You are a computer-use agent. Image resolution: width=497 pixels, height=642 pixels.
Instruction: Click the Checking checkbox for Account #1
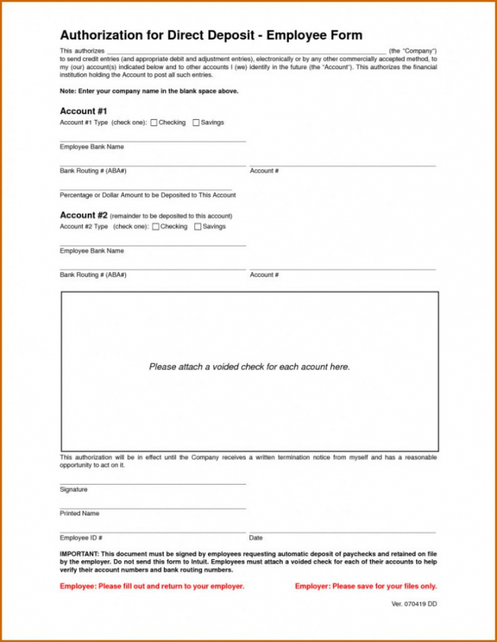pos(154,123)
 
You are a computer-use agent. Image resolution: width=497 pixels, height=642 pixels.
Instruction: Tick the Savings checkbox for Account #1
pos(196,123)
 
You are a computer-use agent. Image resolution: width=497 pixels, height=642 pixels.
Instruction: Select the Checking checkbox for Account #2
pos(156,227)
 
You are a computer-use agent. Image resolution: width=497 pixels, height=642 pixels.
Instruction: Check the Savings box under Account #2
pos(198,227)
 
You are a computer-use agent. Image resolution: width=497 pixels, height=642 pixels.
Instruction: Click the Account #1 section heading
pos(83,111)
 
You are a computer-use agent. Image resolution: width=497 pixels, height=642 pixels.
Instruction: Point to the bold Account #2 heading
pos(84,215)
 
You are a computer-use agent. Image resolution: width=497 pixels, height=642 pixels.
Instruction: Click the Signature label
pos(74,490)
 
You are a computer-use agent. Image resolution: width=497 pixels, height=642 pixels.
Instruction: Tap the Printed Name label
pos(79,513)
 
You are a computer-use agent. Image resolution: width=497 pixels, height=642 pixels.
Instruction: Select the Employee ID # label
pos(81,538)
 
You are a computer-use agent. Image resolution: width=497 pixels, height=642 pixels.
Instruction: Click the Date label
pos(255,538)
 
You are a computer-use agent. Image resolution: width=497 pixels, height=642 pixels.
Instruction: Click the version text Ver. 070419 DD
pos(414,604)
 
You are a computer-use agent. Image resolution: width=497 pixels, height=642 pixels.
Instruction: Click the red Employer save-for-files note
pos(365,586)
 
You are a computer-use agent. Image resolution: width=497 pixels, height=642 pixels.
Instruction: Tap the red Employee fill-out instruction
pos(152,586)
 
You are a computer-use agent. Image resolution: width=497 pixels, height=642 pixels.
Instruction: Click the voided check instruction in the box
pos(249,367)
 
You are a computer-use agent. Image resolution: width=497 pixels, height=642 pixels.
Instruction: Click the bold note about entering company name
pos(149,91)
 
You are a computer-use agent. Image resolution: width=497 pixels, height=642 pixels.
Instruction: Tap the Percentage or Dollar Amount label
pos(148,195)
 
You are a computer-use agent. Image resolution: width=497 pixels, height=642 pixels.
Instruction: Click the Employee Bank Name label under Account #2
pos(92,251)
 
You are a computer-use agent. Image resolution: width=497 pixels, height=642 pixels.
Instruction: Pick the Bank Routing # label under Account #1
pos(93,171)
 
